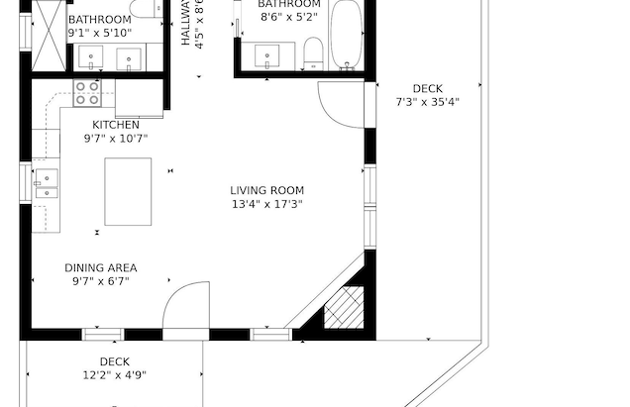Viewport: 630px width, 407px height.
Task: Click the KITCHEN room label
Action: click(x=116, y=125)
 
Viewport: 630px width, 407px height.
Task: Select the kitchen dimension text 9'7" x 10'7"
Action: click(x=116, y=140)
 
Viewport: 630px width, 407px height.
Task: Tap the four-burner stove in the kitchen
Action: click(x=87, y=94)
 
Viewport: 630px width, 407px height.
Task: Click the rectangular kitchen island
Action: click(x=128, y=191)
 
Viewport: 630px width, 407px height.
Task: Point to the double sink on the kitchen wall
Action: click(x=47, y=185)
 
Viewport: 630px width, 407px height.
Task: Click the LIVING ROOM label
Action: click(x=266, y=190)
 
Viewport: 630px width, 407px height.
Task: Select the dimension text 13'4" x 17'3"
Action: click(x=266, y=205)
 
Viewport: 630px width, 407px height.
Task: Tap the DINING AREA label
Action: click(x=101, y=267)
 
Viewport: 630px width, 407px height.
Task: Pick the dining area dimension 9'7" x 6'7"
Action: click(x=101, y=281)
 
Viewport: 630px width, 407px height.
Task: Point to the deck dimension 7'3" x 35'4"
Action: click(x=427, y=101)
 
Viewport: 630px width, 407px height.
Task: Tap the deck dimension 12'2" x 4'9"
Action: click(x=114, y=375)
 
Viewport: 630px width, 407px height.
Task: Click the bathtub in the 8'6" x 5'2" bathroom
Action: click(x=346, y=35)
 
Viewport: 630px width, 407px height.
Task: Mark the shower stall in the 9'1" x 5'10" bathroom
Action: click(x=46, y=35)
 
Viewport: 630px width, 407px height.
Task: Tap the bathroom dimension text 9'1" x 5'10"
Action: click(x=99, y=34)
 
